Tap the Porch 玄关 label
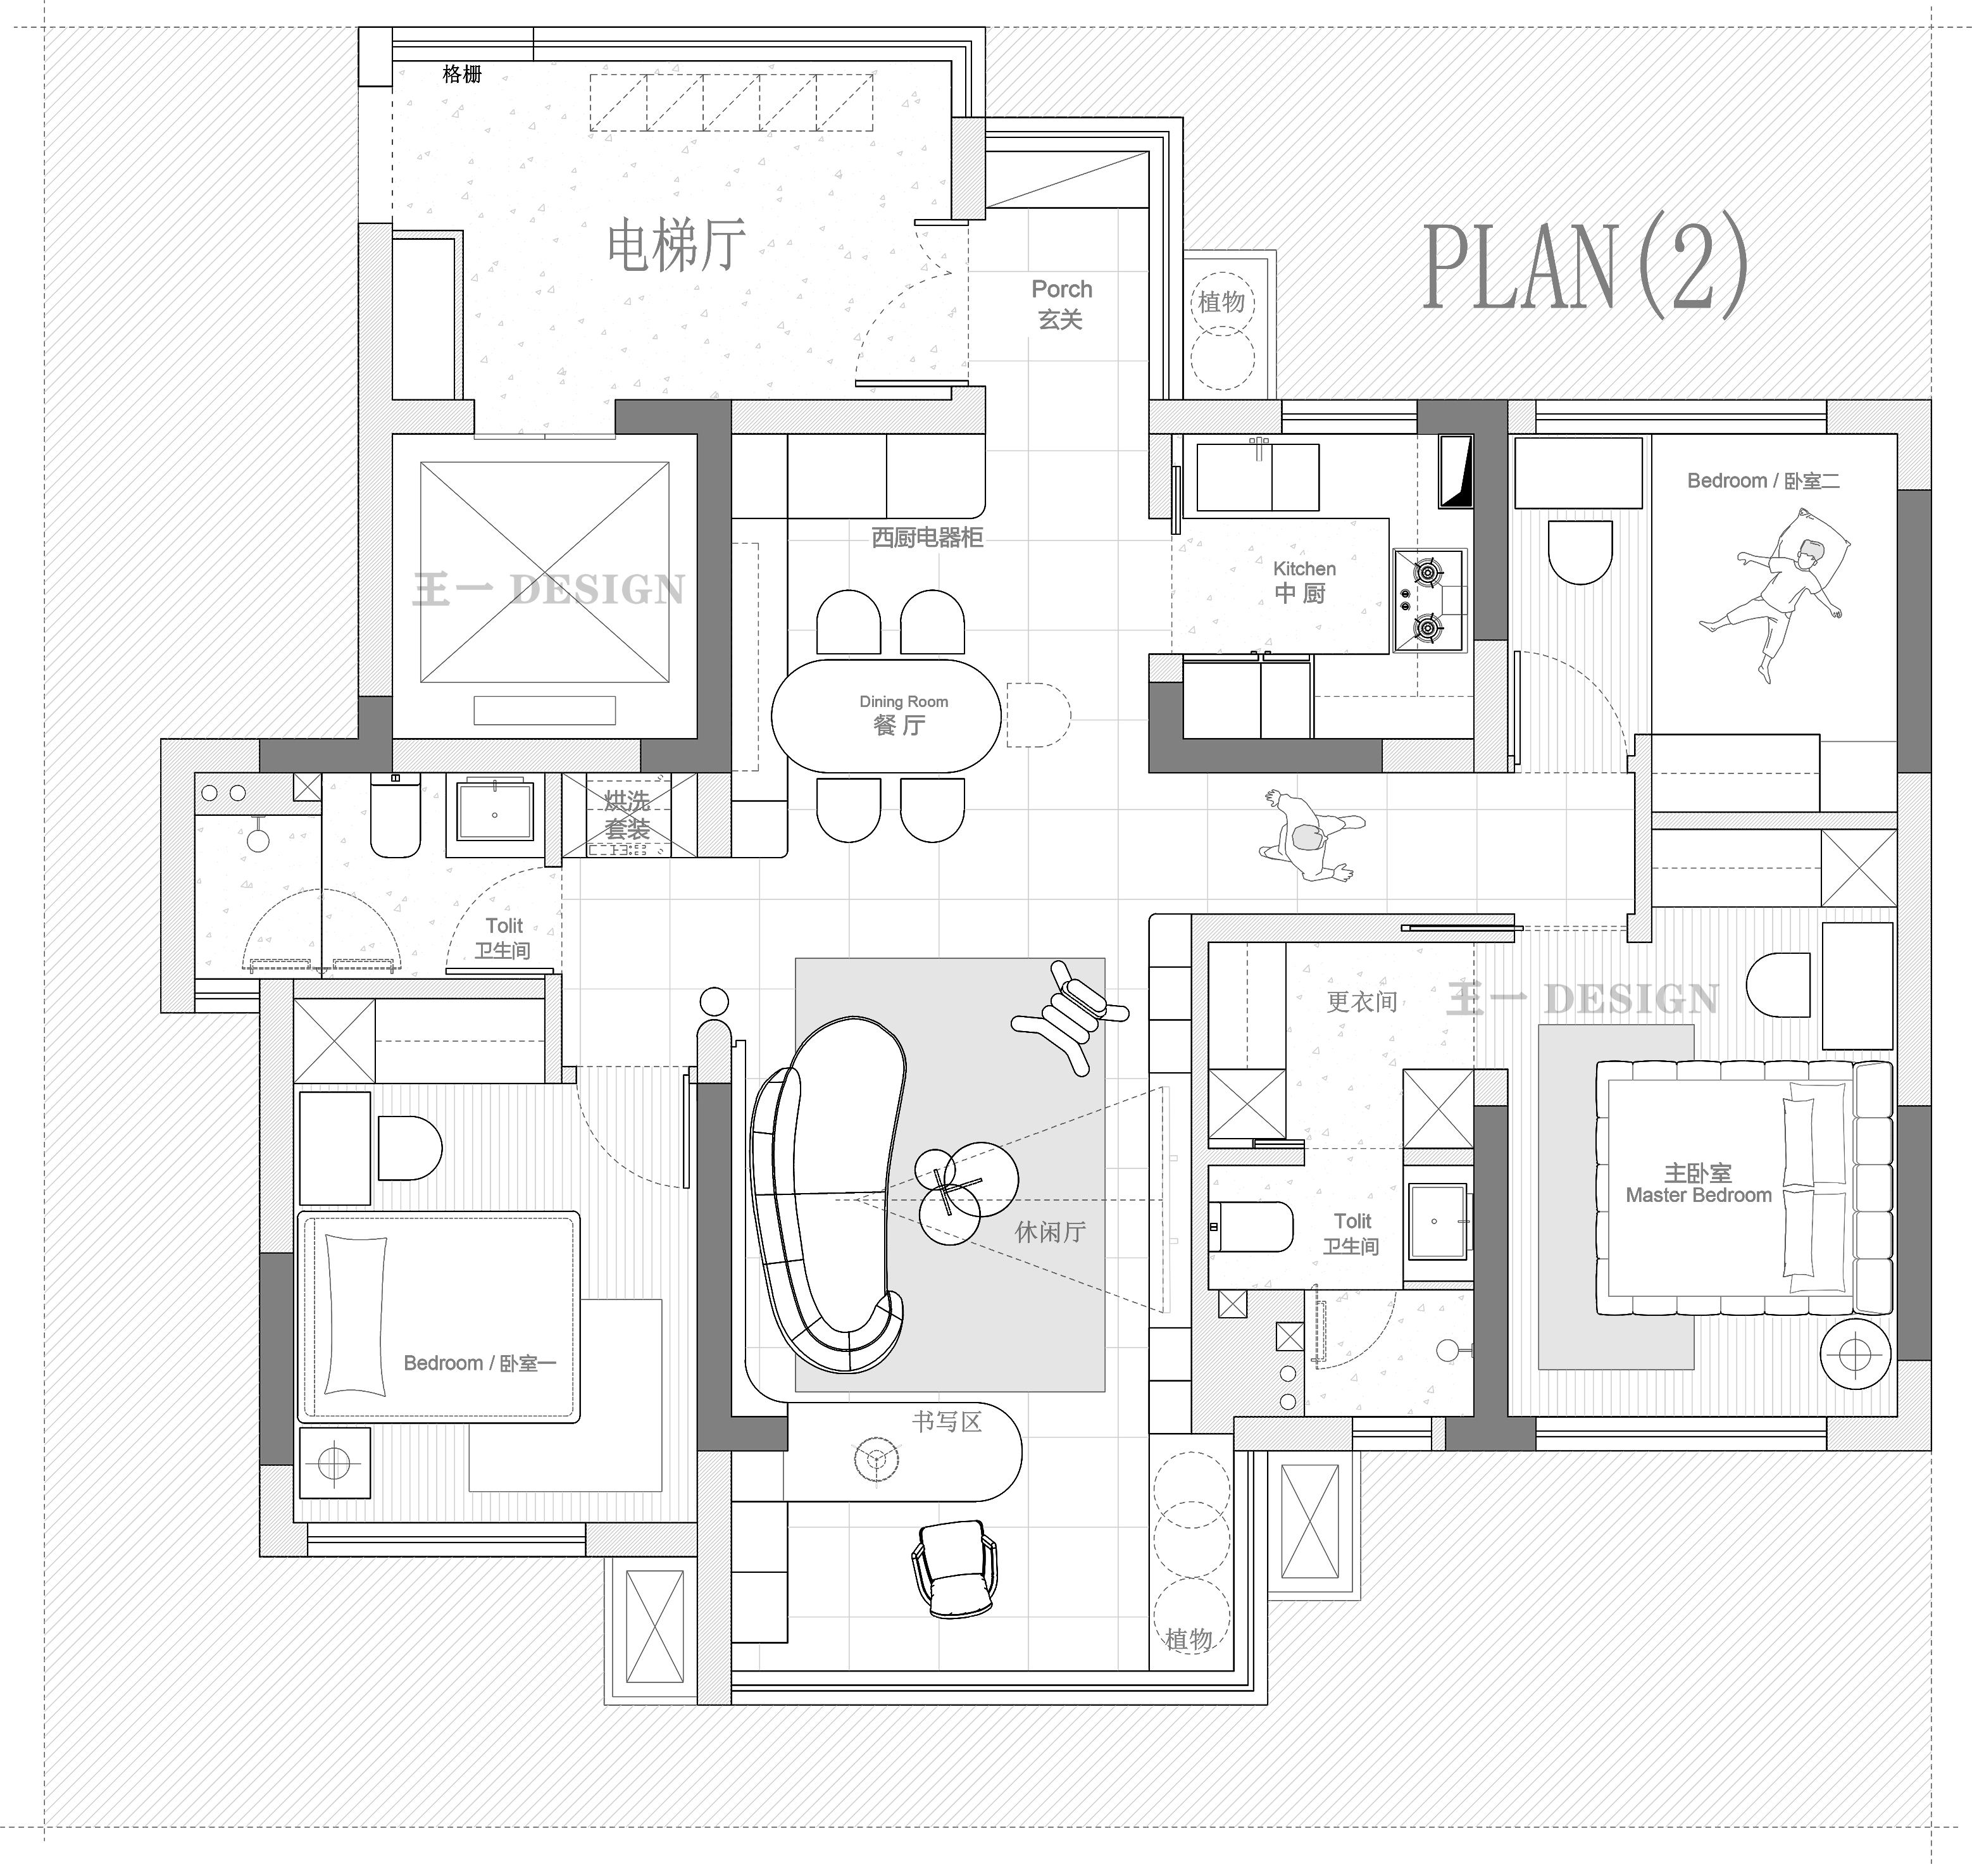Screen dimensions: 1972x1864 (x=1061, y=304)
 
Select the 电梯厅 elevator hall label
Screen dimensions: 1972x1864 (x=677, y=246)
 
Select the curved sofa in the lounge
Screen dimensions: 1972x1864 (x=828, y=1192)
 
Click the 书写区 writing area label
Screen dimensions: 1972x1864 (x=947, y=1422)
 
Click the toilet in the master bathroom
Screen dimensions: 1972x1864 (x=1251, y=1226)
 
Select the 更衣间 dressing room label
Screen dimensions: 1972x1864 (x=1362, y=1001)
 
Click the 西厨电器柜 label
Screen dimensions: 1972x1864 (x=927, y=537)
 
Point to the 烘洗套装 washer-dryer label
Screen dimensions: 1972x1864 (x=627, y=815)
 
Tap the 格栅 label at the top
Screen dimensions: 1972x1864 (x=462, y=73)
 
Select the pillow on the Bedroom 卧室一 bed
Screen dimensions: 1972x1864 (x=354, y=1315)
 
